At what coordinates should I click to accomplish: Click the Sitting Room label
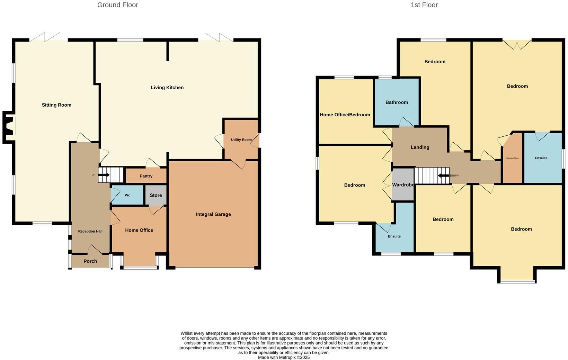click(x=56, y=105)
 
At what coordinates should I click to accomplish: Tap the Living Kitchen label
click(x=167, y=88)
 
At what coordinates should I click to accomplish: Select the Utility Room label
click(x=241, y=140)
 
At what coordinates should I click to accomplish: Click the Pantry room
click(x=146, y=176)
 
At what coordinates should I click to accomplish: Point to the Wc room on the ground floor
click(x=127, y=195)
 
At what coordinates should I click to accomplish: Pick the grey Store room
click(x=156, y=195)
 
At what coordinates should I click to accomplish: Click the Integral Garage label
click(x=213, y=214)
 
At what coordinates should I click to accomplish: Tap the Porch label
click(x=90, y=261)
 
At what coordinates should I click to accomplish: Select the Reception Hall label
click(x=90, y=231)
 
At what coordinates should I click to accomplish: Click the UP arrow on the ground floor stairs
click(x=104, y=175)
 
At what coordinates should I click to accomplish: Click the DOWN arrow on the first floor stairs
click(x=443, y=175)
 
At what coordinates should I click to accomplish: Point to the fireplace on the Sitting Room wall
click(x=10, y=126)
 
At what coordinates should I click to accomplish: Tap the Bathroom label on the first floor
click(x=397, y=102)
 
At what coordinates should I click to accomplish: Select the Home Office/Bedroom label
click(x=345, y=115)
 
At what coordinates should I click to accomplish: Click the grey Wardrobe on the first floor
click(x=403, y=185)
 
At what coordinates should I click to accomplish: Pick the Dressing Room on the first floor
click(x=512, y=158)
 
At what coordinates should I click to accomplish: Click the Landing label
click(x=420, y=147)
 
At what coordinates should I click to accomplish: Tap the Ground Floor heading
click(x=117, y=5)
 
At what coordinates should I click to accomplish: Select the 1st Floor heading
click(x=424, y=5)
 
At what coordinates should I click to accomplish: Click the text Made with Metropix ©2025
click(x=284, y=357)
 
